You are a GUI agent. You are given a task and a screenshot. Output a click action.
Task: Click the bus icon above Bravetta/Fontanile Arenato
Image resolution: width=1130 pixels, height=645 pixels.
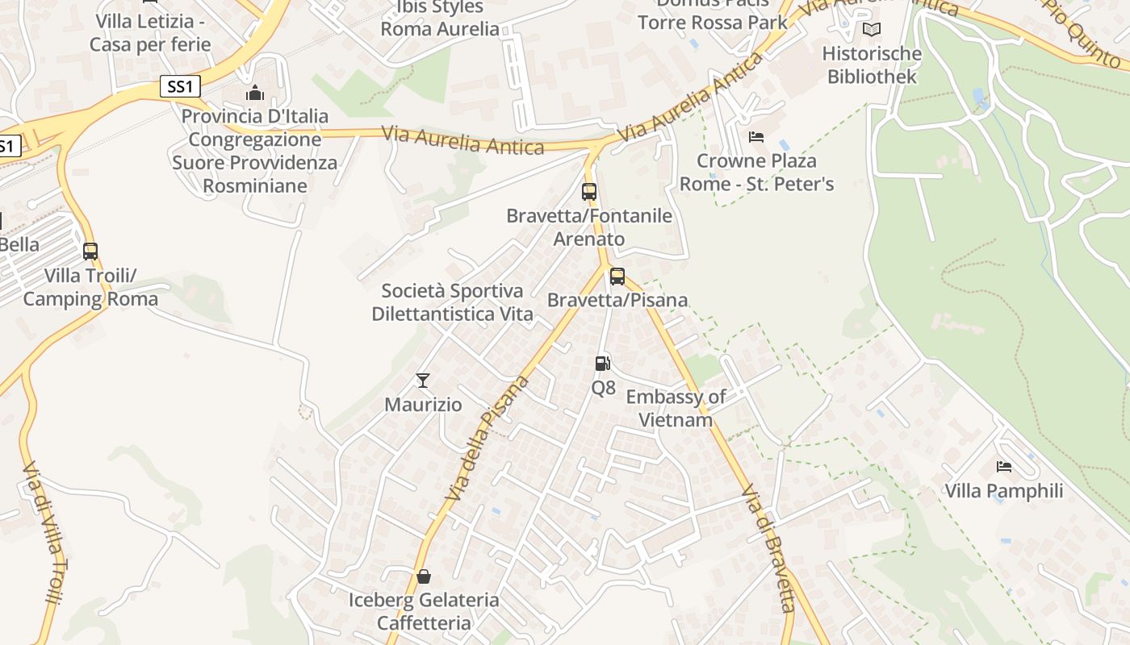point(589,192)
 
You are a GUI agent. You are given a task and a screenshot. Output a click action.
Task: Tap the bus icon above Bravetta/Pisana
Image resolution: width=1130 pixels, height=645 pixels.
point(617,277)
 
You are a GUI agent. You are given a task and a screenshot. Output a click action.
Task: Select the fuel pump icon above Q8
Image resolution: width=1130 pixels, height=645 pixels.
point(602,364)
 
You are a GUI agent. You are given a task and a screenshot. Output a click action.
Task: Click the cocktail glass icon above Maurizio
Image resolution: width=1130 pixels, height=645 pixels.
point(422,381)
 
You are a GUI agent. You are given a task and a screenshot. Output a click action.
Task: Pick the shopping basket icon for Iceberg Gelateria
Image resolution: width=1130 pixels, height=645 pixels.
point(423,576)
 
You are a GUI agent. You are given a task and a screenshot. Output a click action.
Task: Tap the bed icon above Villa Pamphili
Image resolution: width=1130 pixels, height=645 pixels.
point(1004,467)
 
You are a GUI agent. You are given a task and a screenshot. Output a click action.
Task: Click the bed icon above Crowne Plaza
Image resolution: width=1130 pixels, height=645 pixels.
point(756,137)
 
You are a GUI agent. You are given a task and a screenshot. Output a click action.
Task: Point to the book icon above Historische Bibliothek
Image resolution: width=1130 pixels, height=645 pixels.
point(872,30)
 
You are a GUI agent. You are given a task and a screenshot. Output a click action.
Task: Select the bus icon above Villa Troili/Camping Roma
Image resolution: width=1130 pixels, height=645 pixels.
point(90,252)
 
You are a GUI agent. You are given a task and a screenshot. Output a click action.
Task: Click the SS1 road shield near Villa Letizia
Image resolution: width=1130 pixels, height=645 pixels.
point(180,87)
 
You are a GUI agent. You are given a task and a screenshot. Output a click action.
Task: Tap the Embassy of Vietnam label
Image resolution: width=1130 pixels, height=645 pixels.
point(676,408)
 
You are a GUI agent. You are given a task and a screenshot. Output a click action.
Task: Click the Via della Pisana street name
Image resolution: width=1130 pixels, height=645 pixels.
point(488,438)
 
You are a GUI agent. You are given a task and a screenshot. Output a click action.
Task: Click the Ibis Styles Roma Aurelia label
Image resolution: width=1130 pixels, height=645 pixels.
point(440,19)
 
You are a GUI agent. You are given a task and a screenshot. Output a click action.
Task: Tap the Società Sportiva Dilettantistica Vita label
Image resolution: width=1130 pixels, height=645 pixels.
point(452,302)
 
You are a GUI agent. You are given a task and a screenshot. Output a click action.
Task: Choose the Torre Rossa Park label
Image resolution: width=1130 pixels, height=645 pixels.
point(713,22)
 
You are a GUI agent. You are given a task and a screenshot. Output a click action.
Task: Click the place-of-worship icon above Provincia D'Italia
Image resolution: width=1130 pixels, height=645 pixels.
point(255,94)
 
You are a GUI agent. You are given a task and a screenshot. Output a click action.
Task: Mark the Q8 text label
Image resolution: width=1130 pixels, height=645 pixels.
point(603,388)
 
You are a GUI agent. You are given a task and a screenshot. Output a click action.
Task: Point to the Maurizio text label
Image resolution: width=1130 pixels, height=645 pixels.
point(423,405)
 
